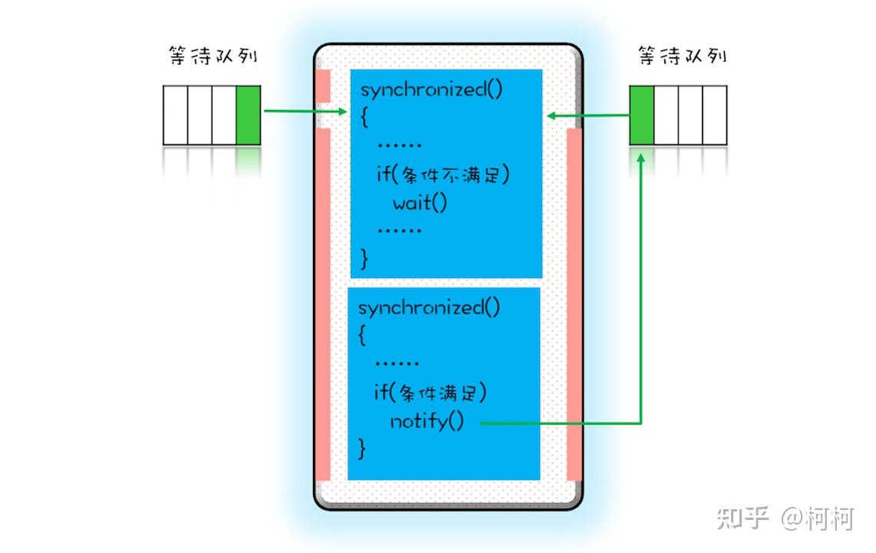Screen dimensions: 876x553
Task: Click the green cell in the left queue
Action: pos(248,115)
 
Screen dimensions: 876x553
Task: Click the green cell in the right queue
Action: pos(642,115)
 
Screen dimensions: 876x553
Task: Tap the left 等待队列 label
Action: pos(212,56)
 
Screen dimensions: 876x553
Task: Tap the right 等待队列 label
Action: pos(682,56)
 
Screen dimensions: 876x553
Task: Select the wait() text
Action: pos(420,203)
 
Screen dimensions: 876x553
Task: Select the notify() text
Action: pos(426,421)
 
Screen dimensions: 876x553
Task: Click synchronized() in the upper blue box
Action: pos(431,89)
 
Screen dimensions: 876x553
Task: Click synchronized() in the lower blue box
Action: pos(429,307)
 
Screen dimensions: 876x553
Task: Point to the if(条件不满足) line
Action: pos(443,175)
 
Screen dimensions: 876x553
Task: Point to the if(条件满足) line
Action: pos(430,393)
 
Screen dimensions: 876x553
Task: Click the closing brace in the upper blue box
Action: pos(364,259)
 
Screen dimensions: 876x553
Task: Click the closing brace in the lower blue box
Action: pos(362,449)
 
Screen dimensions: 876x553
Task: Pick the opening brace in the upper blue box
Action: pos(365,117)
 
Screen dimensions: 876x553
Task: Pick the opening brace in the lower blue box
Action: pos(362,335)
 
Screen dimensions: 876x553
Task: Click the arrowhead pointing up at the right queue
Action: pos(641,158)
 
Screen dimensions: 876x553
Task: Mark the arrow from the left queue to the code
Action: pos(305,111)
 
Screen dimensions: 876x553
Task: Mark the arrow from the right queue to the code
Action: pos(588,116)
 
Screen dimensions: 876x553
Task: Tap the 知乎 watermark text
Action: pos(743,518)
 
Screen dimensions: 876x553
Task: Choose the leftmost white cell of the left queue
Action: pos(176,115)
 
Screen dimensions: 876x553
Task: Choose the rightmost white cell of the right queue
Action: pos(715,115)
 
